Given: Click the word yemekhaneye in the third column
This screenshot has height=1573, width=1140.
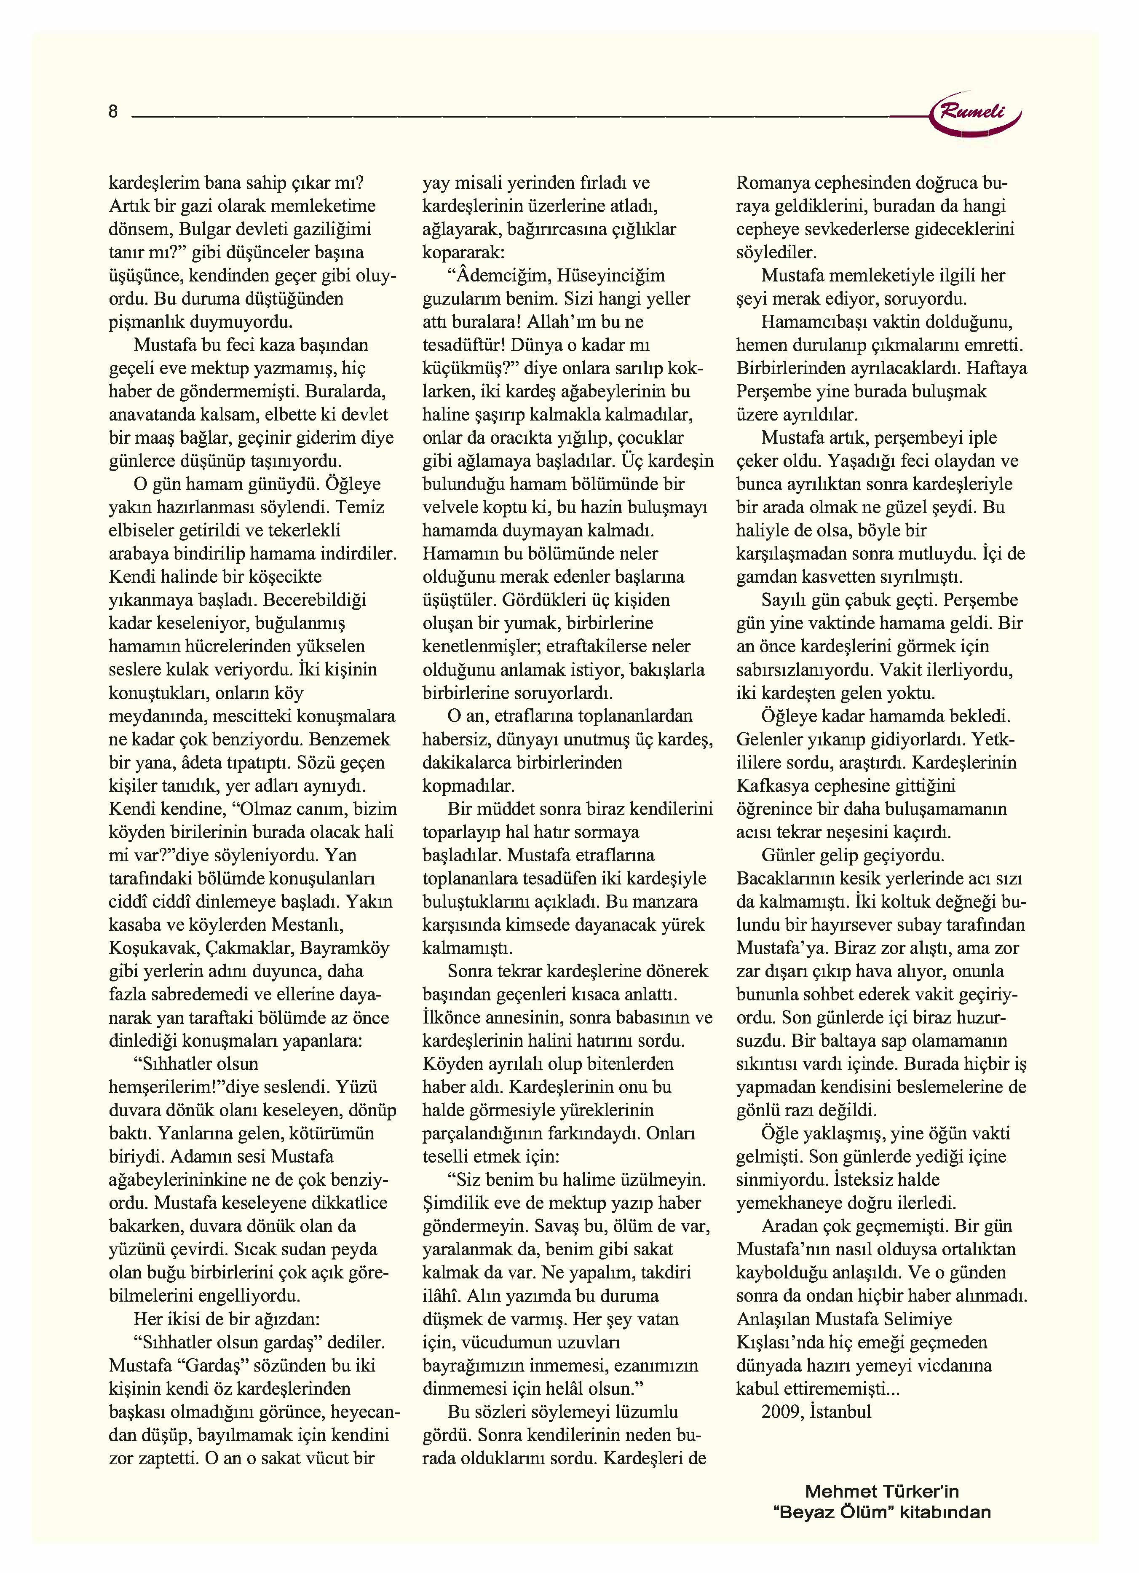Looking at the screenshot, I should point(788,1203).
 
